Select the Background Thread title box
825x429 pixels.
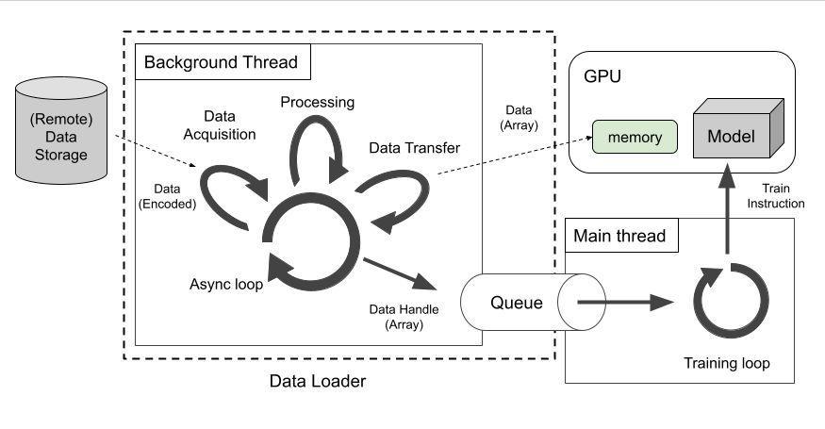tap(220, 63)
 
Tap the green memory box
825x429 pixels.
tap(635, 138)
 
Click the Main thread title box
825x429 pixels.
tap(619, 236)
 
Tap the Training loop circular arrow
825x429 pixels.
tap(725, 303)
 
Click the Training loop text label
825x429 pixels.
tap(726, 362)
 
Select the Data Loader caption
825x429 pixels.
tap(317, 381)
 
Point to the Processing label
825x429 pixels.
tap(319, 102)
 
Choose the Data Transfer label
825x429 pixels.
tap(414, 148)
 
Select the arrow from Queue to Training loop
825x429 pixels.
tap(623, 303)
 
